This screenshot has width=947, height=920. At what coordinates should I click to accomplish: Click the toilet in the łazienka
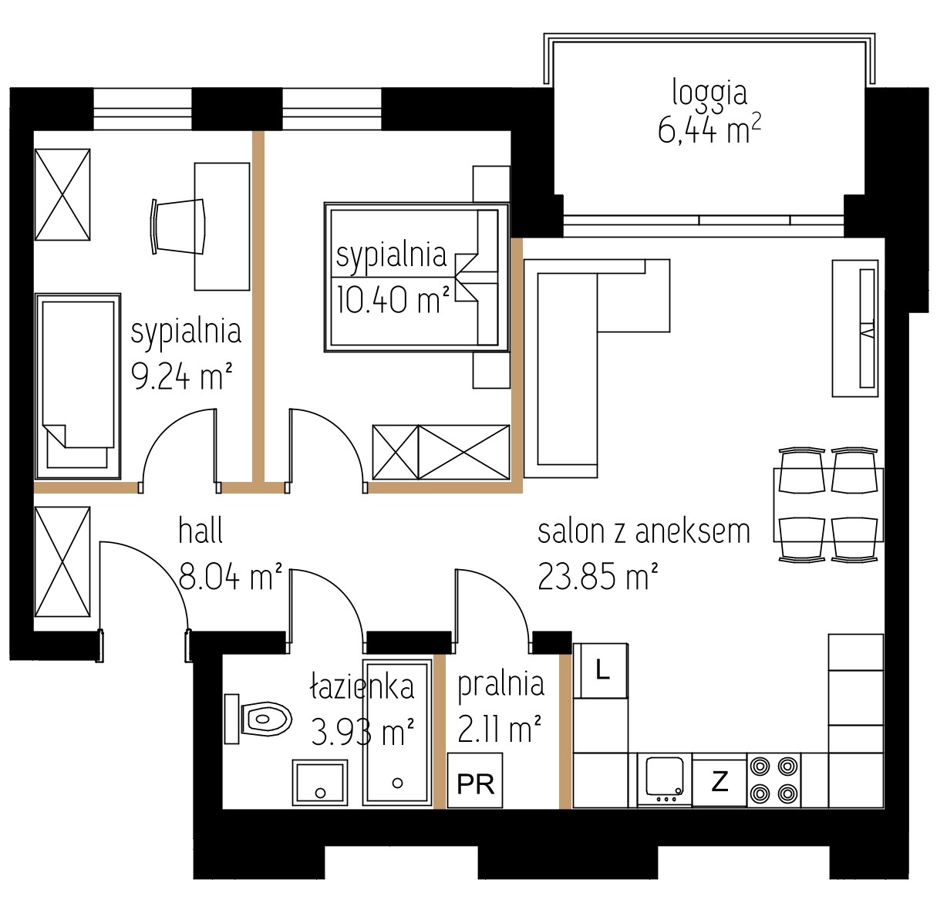(x=258, y=718)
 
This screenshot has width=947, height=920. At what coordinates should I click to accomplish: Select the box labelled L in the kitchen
(x=602, y=671)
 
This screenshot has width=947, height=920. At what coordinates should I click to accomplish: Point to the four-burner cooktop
(x=773, y=780)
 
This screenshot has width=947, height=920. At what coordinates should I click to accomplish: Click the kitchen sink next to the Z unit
(x=665, y=780)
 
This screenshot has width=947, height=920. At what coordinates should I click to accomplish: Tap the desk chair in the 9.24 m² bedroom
(x=178, y=227)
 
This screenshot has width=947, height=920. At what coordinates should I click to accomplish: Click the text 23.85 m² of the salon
(x=598, y=577)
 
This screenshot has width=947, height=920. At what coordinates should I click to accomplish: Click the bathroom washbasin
(x=320, y=782)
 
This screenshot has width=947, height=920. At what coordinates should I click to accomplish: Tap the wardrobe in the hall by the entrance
(x=62, y=562)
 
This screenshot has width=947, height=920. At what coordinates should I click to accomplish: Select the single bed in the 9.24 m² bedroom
(x=77, y=386)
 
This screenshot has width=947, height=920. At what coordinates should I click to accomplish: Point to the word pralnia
(x=500, y=685)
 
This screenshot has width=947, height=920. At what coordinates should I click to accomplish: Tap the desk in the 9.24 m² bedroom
(x=222, y=227)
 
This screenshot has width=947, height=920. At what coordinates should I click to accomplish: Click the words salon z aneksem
(x=643, y=531)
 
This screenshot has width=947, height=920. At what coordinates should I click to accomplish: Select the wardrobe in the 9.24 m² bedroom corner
(x=62, y=194)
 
